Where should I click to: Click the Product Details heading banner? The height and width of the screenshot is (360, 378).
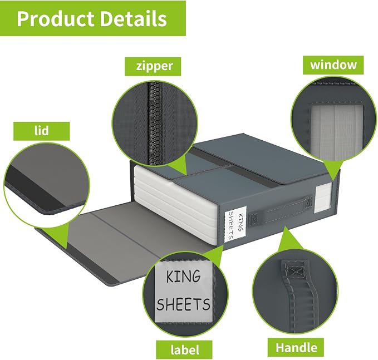pos(93,18)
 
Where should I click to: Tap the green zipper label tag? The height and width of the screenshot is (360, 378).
pos(153,66)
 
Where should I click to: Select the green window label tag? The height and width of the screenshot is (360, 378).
pos(333,65)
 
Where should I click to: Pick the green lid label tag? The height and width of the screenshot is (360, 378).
pos(41,131)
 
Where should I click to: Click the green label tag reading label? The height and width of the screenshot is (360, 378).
pos(184,349)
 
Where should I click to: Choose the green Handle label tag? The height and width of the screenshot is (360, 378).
pos(296,347)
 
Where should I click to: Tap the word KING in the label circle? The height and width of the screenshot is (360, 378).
pos(184,276)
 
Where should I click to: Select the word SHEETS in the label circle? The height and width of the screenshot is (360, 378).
pos(183,304)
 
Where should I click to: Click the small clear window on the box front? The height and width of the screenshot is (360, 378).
pos(323,198)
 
